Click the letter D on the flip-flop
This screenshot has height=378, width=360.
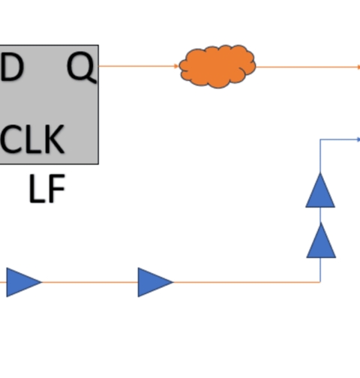(12, 67)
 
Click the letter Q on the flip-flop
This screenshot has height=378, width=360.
(81, 67)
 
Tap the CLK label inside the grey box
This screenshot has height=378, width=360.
(32, 139)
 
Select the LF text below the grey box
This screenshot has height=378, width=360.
(47, 188)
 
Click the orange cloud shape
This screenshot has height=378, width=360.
(217, 67)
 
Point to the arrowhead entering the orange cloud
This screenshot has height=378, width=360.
(176, 66)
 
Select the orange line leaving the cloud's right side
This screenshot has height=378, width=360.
(308, 67)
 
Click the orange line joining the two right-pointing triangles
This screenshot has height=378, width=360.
(90, 282)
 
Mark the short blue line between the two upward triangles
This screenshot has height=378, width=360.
(320, 215)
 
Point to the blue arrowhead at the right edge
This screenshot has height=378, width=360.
(358, 139)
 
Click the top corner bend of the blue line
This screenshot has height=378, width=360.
(320, 139)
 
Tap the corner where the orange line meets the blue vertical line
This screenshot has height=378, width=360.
(320, 282)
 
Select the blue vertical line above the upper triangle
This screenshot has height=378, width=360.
(320, 156)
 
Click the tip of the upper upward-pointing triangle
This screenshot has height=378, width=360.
(320, 173)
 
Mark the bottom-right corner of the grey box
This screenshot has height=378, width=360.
(98, 164)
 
